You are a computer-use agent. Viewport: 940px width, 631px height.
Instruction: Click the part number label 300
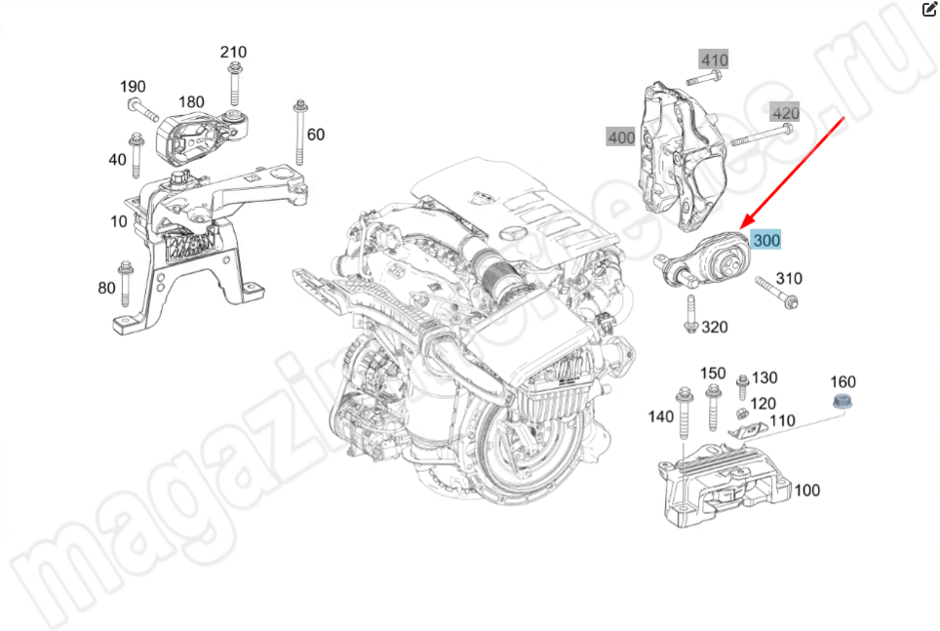[x=765, y=239]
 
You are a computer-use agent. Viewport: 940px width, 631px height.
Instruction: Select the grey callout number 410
[x=714, y=60]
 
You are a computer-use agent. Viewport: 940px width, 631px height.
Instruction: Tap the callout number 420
[x=784, y=113]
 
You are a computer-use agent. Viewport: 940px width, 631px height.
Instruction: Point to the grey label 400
[x=620, y=138]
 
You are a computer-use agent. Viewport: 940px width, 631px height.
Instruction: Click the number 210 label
[x=233, y=52]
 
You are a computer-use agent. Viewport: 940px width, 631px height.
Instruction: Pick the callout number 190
[x=134, y=87]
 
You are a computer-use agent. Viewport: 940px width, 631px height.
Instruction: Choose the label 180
[x=191, y=101]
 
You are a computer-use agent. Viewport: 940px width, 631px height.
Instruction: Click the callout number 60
[x=316, y=135]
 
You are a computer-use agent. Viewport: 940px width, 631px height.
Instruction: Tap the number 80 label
[x=107, y=288]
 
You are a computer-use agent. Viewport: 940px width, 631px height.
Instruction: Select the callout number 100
[x=806, y=491]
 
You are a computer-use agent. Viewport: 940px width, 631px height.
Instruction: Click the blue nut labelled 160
[x=841, y=404]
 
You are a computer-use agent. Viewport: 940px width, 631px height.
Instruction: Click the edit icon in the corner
[x=928, y=10]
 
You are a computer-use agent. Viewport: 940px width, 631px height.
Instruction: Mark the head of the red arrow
[x=745, y=228]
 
